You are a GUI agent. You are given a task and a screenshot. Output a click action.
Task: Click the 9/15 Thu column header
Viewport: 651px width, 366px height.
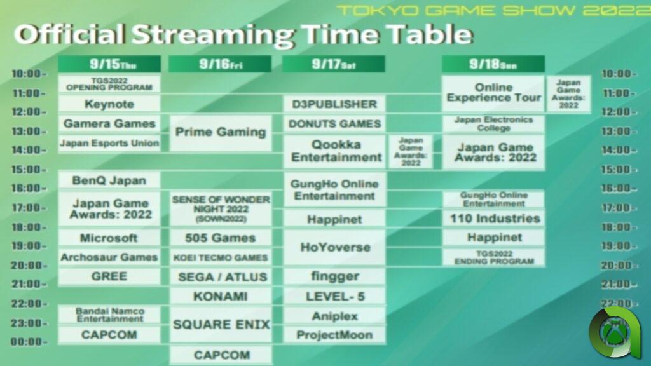click(x=109, y=64)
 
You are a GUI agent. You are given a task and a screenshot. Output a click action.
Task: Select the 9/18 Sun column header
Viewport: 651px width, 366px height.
click(x=493, y=64)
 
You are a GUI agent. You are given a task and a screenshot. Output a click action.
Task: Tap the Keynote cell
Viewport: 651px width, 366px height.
click(x=109, y=104)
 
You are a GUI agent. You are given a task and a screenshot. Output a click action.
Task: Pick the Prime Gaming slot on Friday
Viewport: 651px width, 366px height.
click(x=220, y=132)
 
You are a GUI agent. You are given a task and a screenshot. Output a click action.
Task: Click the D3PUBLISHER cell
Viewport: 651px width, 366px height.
click(x=334, y=104)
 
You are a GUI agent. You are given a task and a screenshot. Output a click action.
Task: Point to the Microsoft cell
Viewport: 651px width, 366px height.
click(x=109, y=238)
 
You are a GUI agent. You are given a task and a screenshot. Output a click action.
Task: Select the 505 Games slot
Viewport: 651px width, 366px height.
click(x=220, y=238)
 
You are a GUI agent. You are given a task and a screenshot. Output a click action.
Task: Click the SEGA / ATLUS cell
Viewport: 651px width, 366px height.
click(x=220, y=276)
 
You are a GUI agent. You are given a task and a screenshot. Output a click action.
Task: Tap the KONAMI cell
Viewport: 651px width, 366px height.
click(x=220, y=296)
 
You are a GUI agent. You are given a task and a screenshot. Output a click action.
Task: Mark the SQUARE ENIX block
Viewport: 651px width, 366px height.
click(x=220, y=325)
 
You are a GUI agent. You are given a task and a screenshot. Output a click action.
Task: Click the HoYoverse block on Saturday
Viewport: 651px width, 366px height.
click(x=334, y=248)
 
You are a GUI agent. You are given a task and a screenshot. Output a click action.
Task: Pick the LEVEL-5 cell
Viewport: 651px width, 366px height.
click(x=334, y=296)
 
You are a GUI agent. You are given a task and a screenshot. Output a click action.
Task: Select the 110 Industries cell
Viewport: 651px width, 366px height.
click(x=494, y=219)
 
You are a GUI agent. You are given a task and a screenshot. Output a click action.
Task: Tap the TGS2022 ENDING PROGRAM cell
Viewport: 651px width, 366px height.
click(x=494, y=257)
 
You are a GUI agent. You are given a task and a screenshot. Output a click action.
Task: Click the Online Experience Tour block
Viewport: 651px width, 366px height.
click(x=493, y=93)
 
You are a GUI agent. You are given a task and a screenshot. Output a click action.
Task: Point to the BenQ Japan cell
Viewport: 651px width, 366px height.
click(x=109, y=180)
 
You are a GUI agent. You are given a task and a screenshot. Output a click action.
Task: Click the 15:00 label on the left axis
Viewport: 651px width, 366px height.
click(x=29, y=170)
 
